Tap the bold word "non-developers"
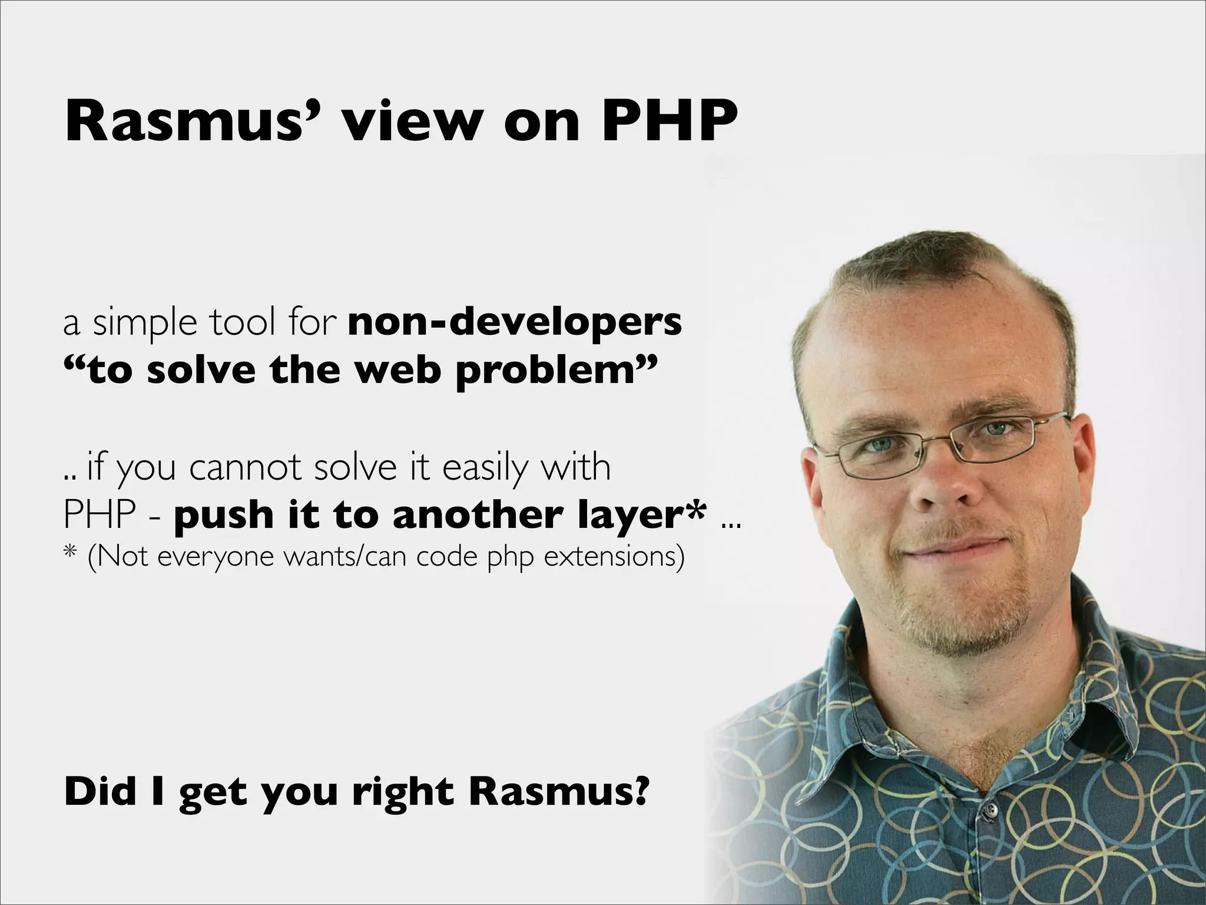[x=515, y=322]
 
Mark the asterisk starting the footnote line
[x=70, y=555]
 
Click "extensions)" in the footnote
[x=614, y=556]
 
